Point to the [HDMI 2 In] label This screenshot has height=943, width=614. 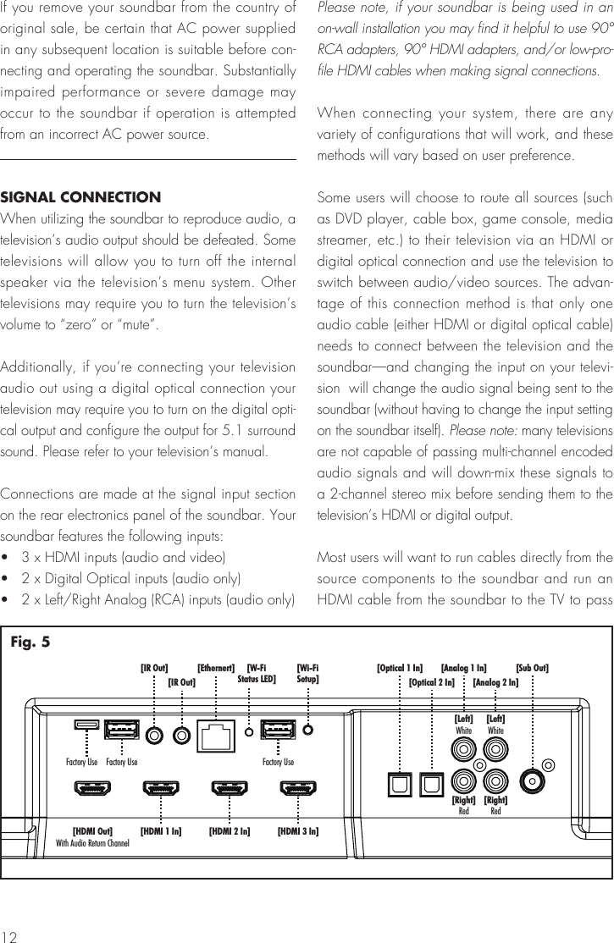230,831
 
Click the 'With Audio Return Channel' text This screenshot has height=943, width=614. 92,843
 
